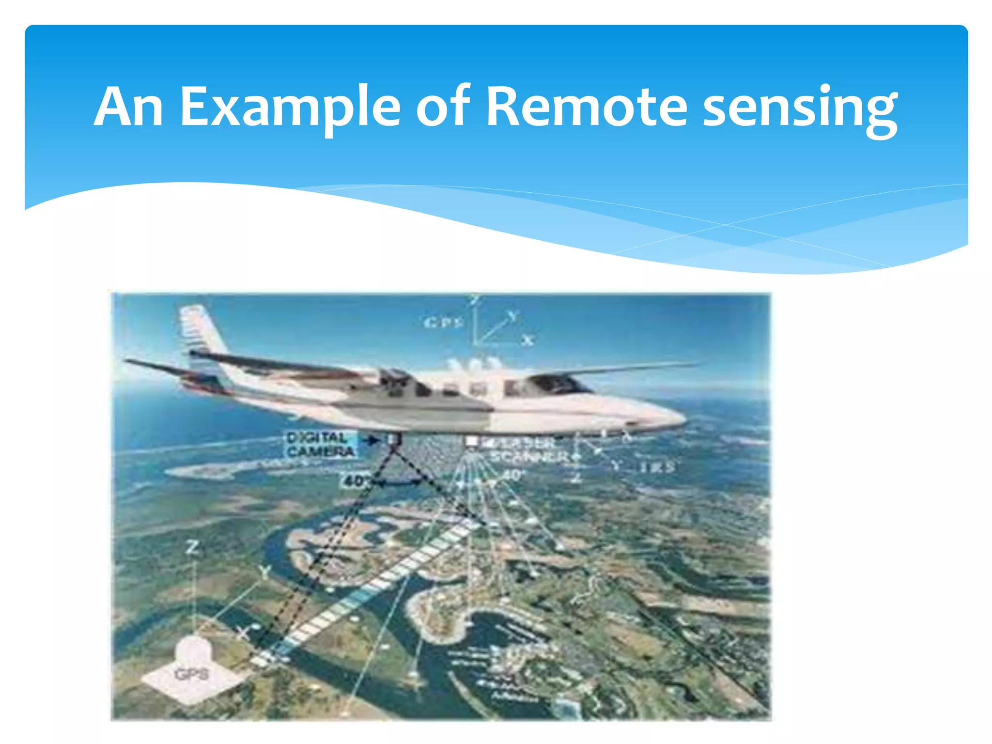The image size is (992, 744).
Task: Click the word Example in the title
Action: (290, 108)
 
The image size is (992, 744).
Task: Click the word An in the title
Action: (128, 108)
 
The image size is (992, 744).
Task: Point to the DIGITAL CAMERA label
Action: (320, 444)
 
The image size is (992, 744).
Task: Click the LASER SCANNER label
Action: (528, 450)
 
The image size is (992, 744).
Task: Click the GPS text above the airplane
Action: (444, 322)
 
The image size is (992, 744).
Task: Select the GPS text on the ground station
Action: (191, 674)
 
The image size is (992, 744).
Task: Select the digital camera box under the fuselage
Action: (393, 439)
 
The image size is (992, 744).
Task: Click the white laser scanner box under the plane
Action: (471, 442)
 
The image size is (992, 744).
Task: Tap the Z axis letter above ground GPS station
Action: (192, 548)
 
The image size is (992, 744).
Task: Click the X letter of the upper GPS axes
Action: (528, 340)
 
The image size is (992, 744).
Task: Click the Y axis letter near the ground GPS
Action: (264, 572)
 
